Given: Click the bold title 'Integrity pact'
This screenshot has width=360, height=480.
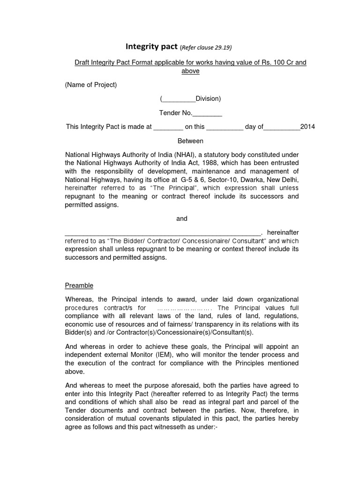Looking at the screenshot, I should tap(151, 47).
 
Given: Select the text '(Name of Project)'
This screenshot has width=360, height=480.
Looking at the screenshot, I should tap(91, 85).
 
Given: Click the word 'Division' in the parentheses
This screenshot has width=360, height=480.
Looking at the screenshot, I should tap(207, 98).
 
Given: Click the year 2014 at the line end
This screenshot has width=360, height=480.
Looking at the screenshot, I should tap(307, 127).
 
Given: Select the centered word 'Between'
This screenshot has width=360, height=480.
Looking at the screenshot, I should tap(190, 141).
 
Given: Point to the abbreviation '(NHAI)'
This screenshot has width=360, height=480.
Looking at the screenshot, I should tap(185, 155).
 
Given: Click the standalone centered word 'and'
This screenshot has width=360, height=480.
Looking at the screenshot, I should tap(182, 218).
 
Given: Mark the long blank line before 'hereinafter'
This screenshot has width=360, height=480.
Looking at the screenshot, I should tap(162, 232).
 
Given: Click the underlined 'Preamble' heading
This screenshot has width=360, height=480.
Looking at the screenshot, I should tap(79, 285).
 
